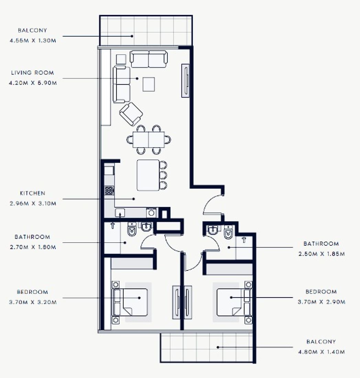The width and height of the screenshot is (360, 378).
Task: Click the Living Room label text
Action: pos(32,73)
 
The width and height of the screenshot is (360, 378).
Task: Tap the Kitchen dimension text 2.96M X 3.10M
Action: pos(33,203)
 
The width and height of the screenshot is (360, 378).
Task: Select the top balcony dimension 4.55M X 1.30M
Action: pos(33,41)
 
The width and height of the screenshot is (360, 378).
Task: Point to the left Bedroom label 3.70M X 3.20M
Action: pos(33,302)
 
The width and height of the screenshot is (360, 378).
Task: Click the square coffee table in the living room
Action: pos(149,84)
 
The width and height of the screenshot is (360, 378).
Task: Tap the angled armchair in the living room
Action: pos(131,113)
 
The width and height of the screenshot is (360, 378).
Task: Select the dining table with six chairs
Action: pos(149,140)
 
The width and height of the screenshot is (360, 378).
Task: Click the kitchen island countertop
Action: pos(148,175)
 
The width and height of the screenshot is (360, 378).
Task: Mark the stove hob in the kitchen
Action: pos(109,190)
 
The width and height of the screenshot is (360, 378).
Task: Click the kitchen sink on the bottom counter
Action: pos(120,213)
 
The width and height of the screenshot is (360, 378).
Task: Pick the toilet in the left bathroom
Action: pos(131,231)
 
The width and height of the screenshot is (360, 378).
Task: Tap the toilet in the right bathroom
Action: pos(228,233)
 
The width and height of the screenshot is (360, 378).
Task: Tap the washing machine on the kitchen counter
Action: pos(151,213)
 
